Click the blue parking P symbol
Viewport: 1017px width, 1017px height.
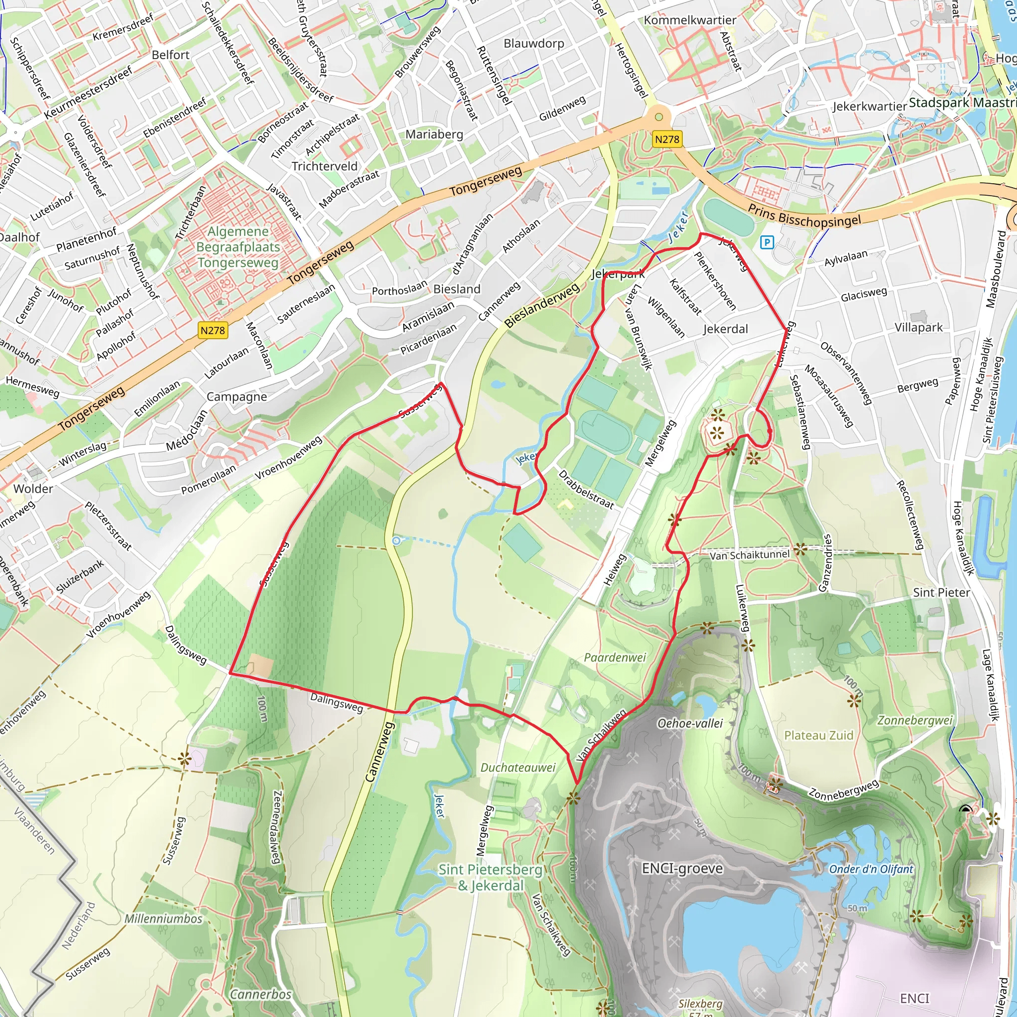[x=767, y=242]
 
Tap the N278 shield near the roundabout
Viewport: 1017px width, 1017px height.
[x=667, y=140]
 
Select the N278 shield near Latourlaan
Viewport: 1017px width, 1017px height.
[x=213, y=331]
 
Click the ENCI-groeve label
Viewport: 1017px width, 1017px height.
[x=682, y=868]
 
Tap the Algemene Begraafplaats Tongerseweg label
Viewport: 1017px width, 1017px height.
[x=237, y=247]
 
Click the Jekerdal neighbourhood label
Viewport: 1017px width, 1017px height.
[x=725, y=329]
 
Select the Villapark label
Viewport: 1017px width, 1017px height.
[x=919, y=327]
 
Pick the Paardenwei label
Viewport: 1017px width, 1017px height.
[x=614, y=657]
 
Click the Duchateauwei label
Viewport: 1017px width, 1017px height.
[x=517, y=768]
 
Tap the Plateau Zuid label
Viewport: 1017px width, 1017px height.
[x=818, y=735]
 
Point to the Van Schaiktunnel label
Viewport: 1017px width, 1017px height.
[x=749, y=555]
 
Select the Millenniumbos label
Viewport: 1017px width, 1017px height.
[x=163, y=919]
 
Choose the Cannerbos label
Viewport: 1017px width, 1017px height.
[x=261, y=994]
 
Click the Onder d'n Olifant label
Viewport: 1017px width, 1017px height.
[x=871, y=869]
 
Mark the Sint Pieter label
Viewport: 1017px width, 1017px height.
[x=941, y=592]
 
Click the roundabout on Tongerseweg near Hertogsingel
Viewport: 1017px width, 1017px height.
[x=658, y=116]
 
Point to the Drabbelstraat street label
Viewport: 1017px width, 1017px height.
[x=585, y=490]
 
